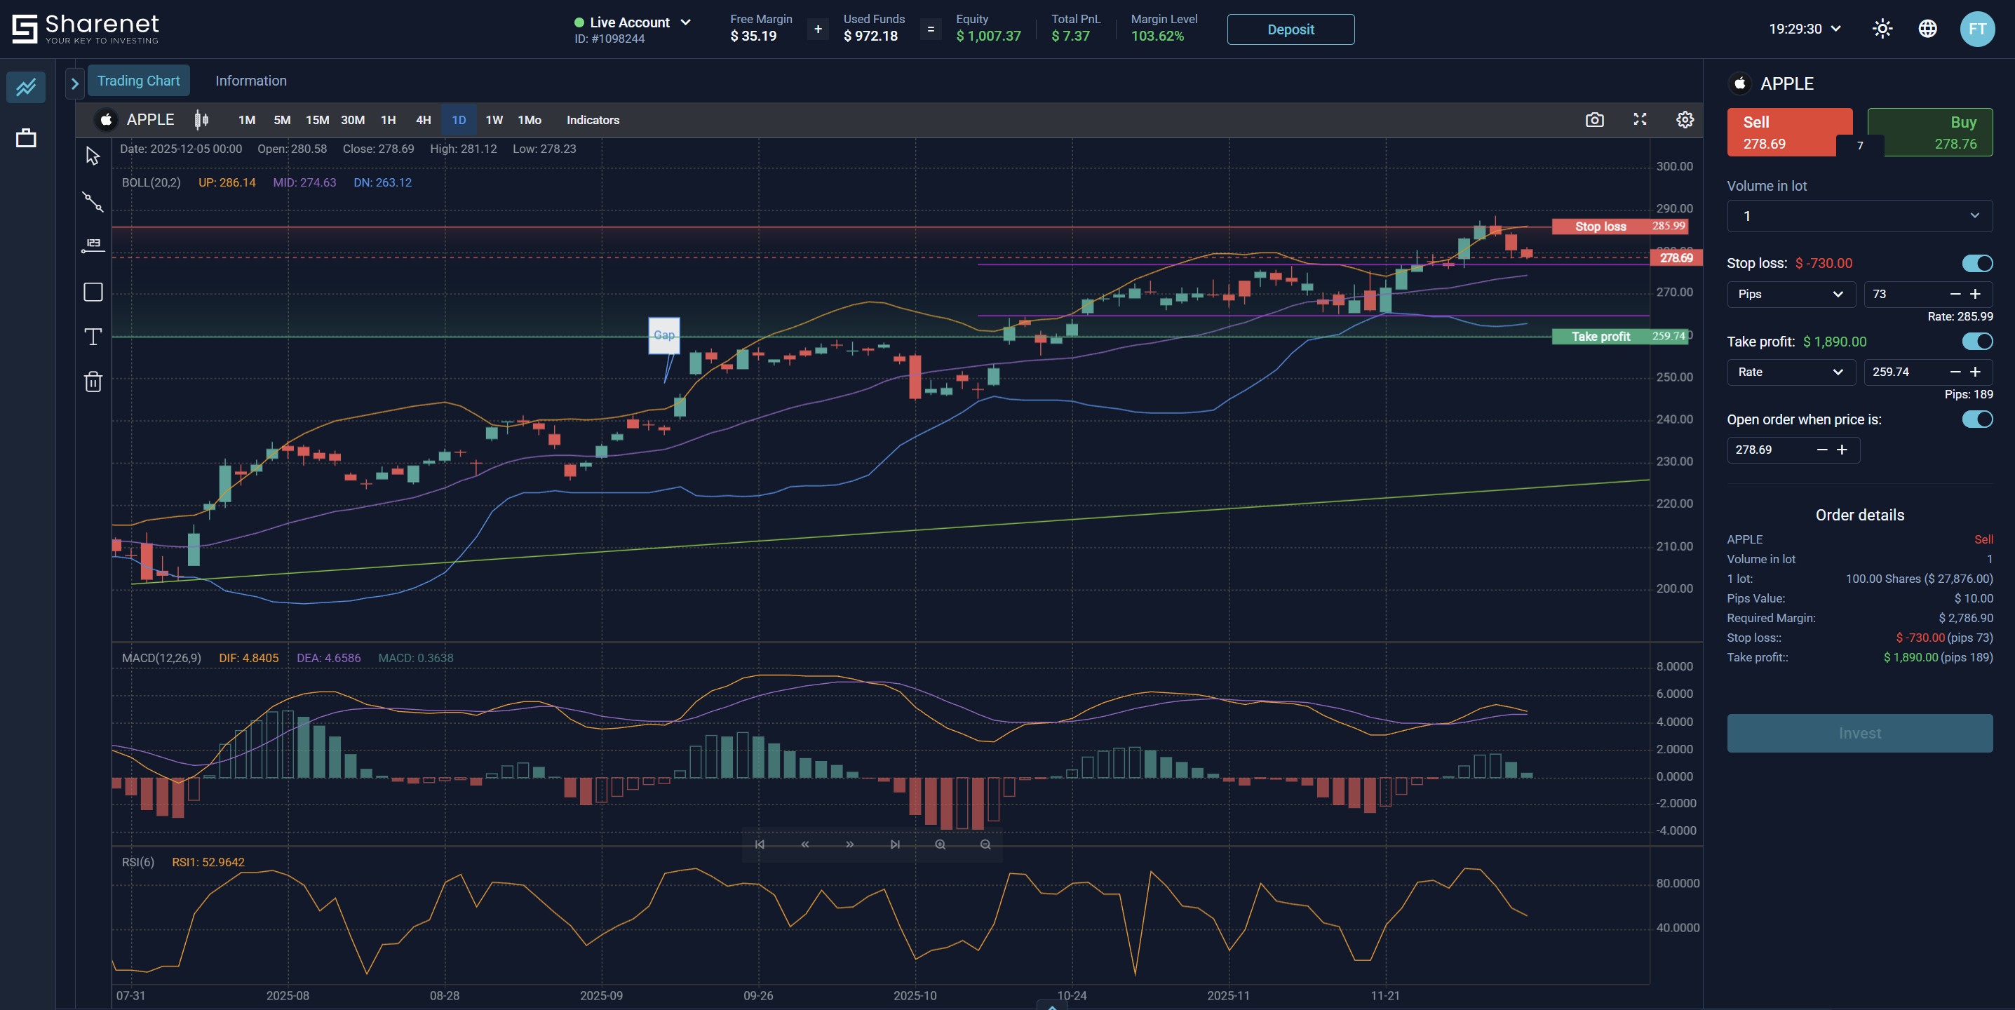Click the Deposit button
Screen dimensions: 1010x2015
[x=1290, y=29]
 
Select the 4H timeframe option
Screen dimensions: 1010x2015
[x=423, y=120]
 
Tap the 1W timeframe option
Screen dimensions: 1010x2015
[x=494, y=120]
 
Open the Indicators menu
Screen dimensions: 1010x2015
[x=592, y=120]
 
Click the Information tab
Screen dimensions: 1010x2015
[x=250, y=81]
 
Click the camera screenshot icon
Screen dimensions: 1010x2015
[x=1594, y=120]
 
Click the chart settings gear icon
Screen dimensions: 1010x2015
[x=1684, y=120]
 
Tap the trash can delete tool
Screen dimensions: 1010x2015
[x=93, y=382]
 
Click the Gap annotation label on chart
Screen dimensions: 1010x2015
[x=663, y=335]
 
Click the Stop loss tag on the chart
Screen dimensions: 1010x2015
[x=1600, y=226]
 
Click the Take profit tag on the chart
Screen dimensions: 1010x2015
[x=1600, y=337]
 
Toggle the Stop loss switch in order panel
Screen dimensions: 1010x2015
[x=1976, y=263]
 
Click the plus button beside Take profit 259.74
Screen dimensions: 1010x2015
[x=1975, y=372]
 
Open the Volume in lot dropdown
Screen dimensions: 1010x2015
[x=1859, y=216]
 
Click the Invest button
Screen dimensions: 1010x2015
[x=1859, y=733]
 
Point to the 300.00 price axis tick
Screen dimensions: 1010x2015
[x=1674, y=167]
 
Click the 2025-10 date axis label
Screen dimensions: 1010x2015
[x=915, y=995]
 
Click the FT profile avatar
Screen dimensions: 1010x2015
[x=1976, y=29]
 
